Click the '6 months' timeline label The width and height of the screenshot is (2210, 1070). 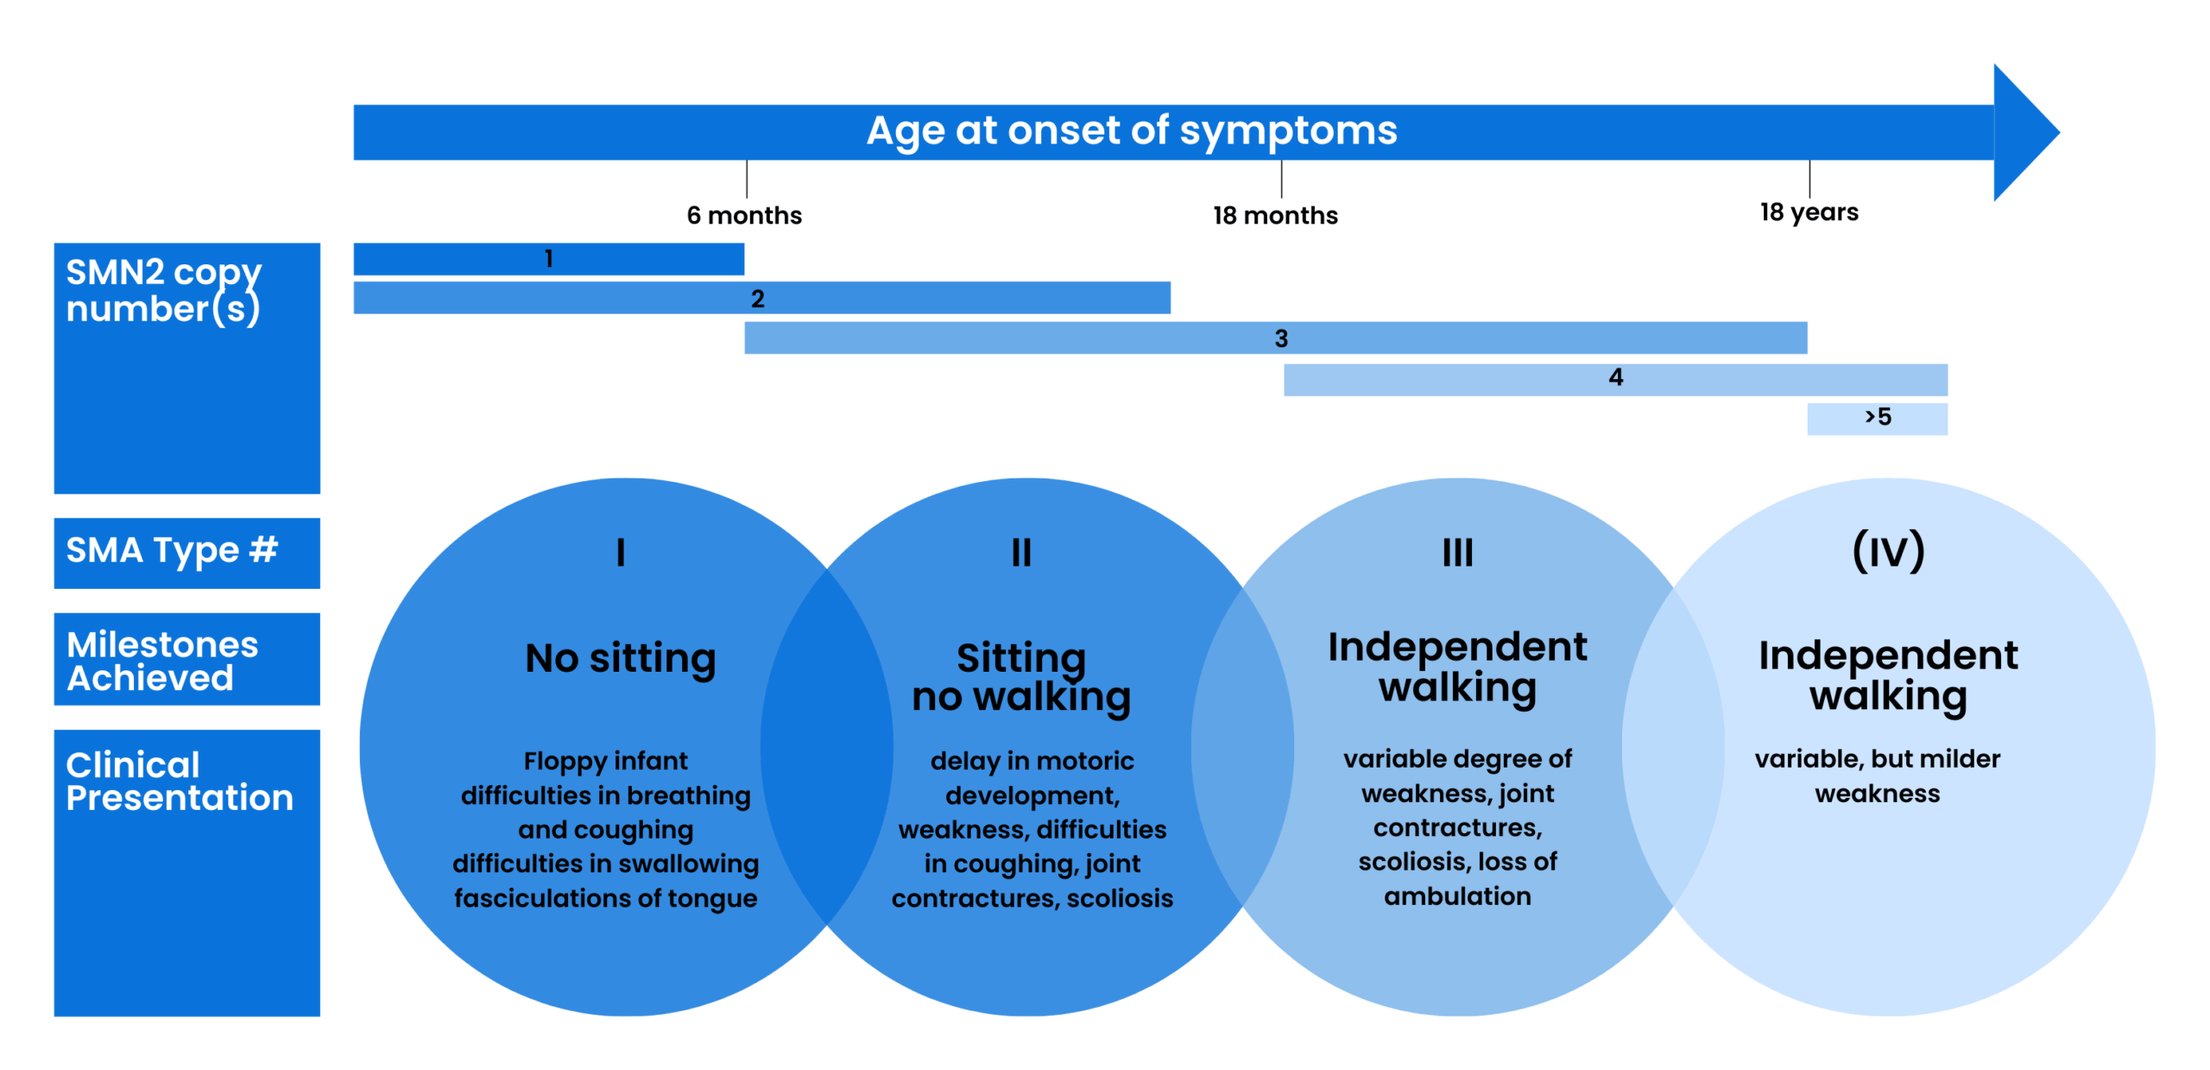tap(744, 215)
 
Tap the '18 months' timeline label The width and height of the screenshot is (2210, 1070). tap(1275, 215)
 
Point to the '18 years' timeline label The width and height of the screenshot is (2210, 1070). tap(1809, 212)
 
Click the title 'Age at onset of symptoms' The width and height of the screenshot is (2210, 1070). tap(1132, 131)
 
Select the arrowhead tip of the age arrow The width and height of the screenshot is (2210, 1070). tap(2059, 132)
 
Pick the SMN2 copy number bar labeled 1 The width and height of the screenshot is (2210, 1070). tap(549, 259)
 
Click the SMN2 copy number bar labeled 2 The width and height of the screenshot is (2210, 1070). tap(762, 298)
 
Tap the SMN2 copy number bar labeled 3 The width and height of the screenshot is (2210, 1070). tap(1276, 338)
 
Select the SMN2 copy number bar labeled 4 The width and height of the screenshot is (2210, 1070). tap(1615, 379)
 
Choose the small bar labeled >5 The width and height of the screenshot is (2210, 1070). tap(1878, 419)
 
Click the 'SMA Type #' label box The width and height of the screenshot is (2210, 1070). tap(187, 553)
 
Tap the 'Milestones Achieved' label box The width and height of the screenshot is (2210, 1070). tap(187, 659)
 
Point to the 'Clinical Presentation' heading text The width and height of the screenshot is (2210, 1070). tap(180, 781)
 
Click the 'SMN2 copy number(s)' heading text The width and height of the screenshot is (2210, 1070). tap(164, 291)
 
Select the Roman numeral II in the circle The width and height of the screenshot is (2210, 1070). tap(1021, 552)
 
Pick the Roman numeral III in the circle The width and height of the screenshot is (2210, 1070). tap(1458, 552)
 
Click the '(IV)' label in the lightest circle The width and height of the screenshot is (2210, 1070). tap(1889, 551)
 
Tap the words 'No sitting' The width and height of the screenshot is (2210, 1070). tap(621, 659)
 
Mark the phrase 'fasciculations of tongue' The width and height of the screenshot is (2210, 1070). tap(606, 898)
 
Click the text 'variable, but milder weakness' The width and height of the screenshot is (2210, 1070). tap(1878, 776)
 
